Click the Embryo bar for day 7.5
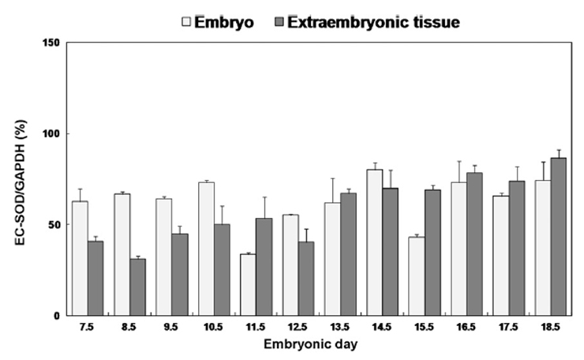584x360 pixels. point(80,258)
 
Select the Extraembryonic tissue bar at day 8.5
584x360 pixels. point(138,287)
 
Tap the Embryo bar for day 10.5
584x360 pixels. point(206,249)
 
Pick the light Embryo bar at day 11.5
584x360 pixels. point(248,285)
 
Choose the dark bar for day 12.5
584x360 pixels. point(305,279)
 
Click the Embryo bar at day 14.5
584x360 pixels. point(375,242)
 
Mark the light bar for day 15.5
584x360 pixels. point(417,276)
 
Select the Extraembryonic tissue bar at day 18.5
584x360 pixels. point(558,237)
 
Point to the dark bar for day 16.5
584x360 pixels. point(474,244)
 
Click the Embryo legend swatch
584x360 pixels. point(186,21)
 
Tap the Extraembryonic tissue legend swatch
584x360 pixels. point(279,21)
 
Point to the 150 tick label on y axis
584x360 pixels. point(51,43)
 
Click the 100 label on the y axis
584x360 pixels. point(51,133)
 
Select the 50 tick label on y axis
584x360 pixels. point(54,225)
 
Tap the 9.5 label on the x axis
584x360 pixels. point(171,327)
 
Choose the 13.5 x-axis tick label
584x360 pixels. point(339,327)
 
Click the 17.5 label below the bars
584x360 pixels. point(508,327)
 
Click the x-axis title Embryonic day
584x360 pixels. point(311,344)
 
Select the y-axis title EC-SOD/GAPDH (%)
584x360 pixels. point(21,182)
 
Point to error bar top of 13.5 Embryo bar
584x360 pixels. point(332,178)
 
